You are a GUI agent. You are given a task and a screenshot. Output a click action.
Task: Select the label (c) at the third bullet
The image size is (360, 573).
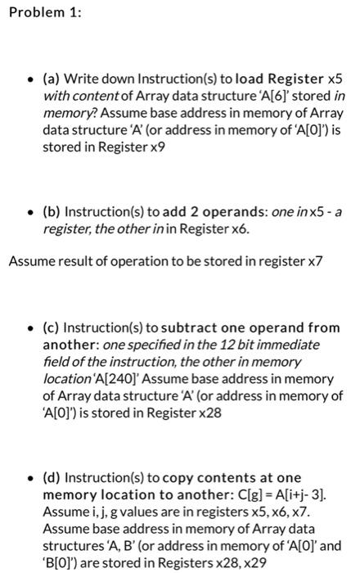click(x=51, y=327)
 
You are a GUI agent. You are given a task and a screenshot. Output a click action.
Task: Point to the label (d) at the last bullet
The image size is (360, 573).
click(x=52, y=476)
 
